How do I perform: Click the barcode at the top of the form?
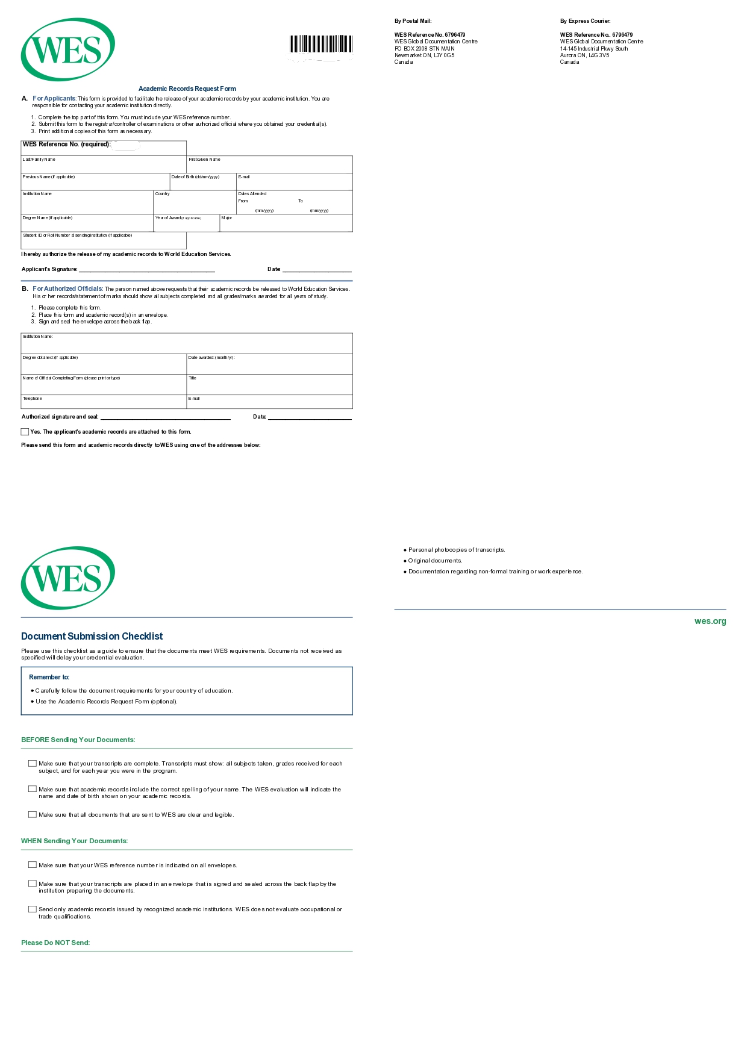320,45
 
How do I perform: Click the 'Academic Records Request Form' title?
187,89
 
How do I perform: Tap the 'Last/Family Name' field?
104,166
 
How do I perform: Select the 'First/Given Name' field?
269,166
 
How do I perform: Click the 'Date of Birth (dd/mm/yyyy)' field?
203,182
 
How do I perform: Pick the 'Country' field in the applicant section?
195,204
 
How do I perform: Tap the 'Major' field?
286,224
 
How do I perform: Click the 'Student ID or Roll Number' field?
104,242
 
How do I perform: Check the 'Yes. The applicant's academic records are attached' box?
25,432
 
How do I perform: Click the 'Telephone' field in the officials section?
104,402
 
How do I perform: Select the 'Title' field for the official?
269,385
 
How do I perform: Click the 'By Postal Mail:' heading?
413,21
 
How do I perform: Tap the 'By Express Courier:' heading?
585,21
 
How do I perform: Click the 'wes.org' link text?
710,622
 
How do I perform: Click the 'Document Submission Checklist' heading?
92,637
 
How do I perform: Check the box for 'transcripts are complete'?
33,764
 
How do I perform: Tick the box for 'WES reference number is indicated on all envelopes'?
33,865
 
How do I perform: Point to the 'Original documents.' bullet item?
435,561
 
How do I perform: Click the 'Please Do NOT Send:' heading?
55,943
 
